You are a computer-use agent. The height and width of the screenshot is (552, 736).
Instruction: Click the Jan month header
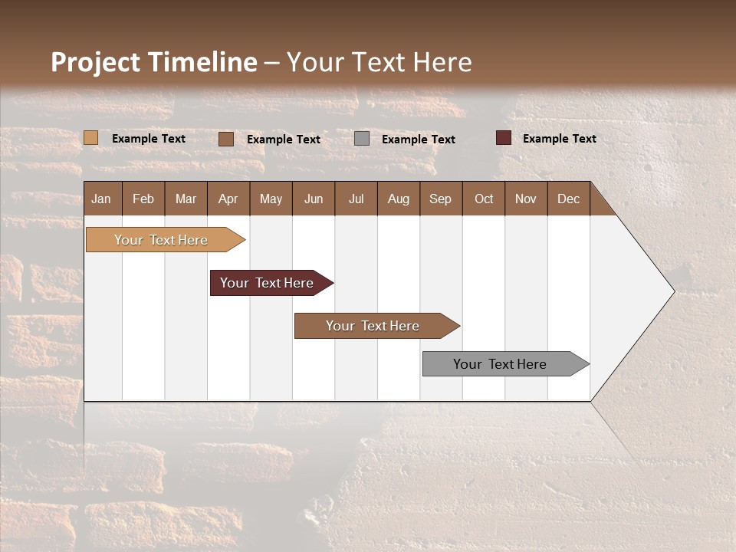tap(101, 199)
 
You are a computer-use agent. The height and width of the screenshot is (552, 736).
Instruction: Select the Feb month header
tap(143, 199)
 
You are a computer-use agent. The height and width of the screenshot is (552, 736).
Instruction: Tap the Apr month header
tap(228, 199)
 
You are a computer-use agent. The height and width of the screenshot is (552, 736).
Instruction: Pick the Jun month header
tap(314, 199)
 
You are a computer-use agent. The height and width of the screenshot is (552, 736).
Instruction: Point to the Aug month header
tap(398, 199)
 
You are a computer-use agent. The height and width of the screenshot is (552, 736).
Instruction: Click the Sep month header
tap(440, 199)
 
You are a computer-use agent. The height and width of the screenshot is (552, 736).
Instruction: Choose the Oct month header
tap(484, 199)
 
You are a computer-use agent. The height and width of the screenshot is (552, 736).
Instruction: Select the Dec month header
tap(568, 199)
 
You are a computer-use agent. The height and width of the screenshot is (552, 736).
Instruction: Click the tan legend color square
tap(90, 138)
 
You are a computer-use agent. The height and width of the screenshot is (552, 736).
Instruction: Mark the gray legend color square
tap(362, 139)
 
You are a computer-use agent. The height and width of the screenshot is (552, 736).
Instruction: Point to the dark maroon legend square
tap(503, 138)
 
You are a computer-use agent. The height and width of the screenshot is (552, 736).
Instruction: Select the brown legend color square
tap(226, 139)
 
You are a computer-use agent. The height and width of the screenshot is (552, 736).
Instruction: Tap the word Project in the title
tap(95, 62)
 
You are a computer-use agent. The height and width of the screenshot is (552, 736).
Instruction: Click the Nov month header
tap(526, 199)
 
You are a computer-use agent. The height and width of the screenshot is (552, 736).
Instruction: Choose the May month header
tap(271, 199)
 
